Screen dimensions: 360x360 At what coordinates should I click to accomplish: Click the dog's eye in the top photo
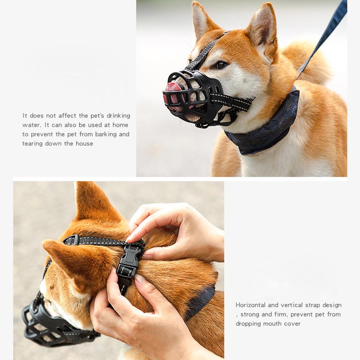tap(222, 64)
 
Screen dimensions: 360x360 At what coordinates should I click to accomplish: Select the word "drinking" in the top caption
tap(119, 116)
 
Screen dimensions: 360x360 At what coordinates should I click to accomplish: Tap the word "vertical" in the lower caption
tap(291, 305)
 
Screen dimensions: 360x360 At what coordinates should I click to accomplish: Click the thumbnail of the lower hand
tap(141, 280)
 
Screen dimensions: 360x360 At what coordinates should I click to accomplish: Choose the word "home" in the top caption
tap(120, 125)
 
